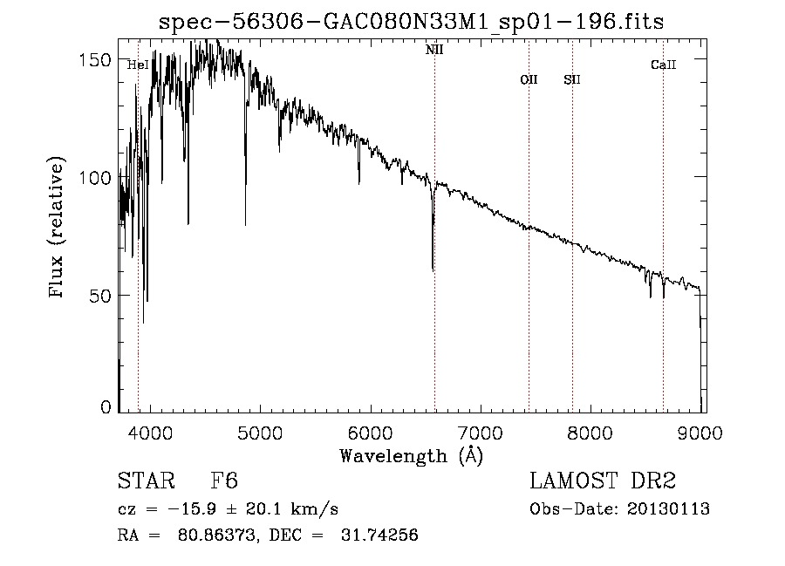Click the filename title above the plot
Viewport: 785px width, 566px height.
[x=411, y=23]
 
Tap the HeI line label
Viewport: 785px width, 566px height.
[x=137, y=65]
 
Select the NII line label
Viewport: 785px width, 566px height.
[x=434, y=50]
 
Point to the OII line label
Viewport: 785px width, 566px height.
[x=529, y=79]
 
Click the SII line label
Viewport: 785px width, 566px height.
[x=572, y=79]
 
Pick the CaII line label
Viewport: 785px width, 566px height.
[x=664, y=65]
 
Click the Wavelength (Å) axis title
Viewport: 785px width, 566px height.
[x=411, y=454]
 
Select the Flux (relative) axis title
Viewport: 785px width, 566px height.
[x=58, y=228]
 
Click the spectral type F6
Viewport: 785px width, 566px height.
[x=225, y=481]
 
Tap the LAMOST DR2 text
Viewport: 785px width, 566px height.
[x=603, y=481]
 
